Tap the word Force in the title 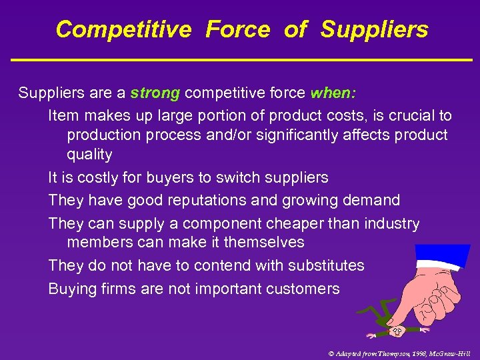[237, 29]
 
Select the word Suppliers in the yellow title [374, 29]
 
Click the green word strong [155, 93]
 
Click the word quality [89, 155]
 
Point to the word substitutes [326, 265]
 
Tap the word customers [304, 289]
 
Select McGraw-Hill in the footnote [449, 353]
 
